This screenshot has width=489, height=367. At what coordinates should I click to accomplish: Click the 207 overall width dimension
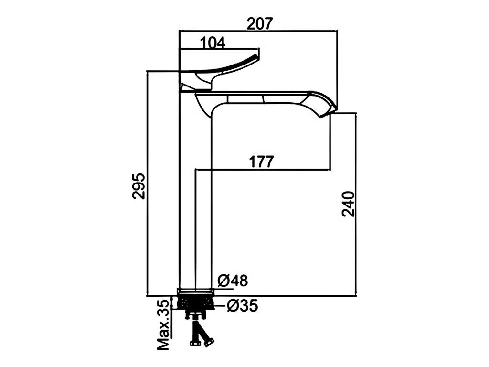[x=260, y=23]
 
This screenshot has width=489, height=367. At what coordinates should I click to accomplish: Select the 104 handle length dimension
[x=213, y=43]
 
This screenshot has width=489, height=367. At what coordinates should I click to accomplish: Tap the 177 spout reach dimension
[x=261, y=162]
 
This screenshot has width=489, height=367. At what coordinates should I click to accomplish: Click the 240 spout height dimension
[x=348, y=204]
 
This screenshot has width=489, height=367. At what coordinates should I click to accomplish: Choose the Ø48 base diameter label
[x=233, y=280]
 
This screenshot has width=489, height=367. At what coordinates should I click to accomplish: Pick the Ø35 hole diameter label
[x=242, y=305]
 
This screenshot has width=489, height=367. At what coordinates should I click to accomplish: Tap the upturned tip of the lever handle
[x=257, y=56]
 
